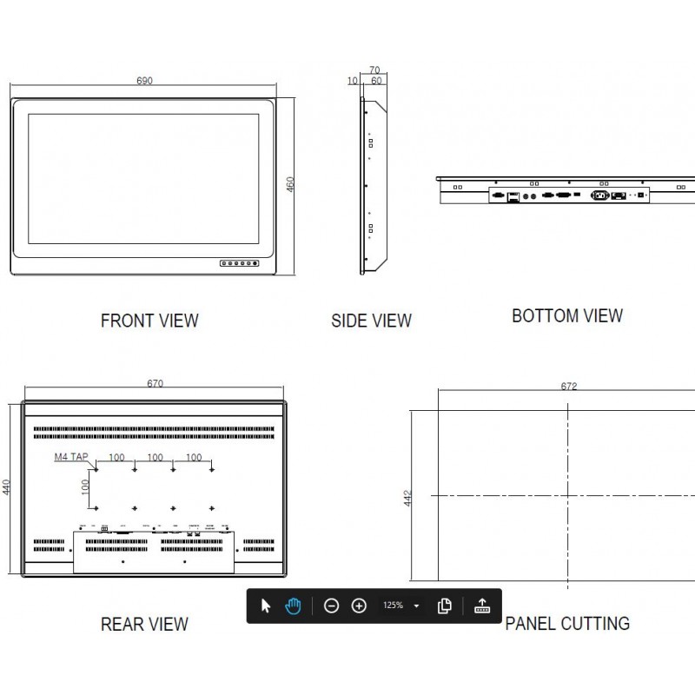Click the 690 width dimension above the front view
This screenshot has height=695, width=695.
[144, 81]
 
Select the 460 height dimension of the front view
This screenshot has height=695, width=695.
[291, 186]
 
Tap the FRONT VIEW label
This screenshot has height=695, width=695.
[149, 321]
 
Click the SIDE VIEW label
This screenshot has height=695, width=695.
[371, 321]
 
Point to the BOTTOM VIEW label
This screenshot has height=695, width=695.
[567, 315]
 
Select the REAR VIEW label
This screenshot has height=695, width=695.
[144, 623]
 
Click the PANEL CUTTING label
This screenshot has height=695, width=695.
[567, 623]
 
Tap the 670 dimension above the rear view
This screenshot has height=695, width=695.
[156, 383]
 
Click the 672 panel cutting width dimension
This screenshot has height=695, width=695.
[569, 387]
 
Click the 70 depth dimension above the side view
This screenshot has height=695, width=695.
[374, 69]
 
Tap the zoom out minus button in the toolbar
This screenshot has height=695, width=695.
[331, 606]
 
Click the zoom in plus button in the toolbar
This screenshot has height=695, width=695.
[359, 606]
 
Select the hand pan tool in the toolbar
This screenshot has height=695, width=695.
[294, 606]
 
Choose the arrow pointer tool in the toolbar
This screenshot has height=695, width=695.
[266, 606]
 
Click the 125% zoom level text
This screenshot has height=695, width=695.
[392, 606]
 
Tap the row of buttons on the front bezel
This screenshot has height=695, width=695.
[241, 262]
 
